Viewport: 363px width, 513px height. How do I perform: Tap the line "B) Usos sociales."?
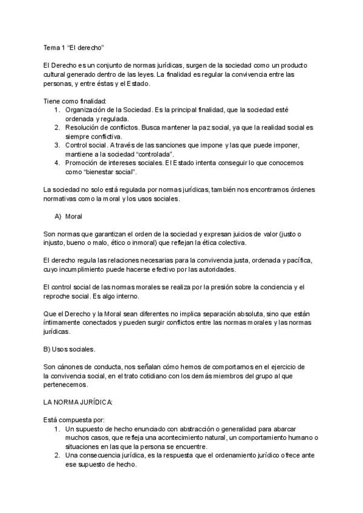pos(70,349)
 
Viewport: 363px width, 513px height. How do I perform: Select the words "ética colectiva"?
pos(223,243)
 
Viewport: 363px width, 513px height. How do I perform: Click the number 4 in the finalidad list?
pos(56,163)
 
